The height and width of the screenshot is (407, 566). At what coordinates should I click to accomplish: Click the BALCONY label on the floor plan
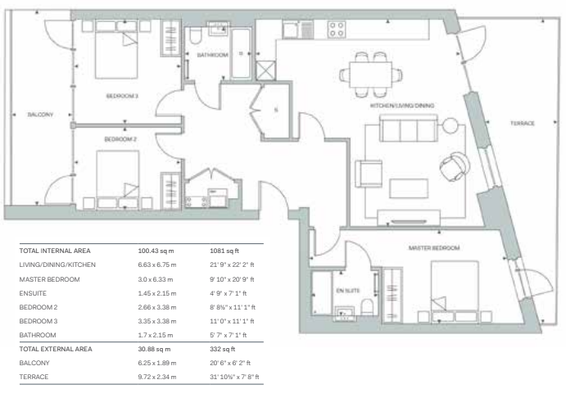pos(40,115)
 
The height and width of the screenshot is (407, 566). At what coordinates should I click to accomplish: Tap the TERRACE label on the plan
pos(523,124)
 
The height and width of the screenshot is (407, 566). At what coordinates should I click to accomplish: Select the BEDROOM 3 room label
pos(122,96)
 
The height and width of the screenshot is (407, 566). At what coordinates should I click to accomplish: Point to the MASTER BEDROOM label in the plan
pos(434,248)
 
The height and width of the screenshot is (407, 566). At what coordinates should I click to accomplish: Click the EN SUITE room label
pos(348,291)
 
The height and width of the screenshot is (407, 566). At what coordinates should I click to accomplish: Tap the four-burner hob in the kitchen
pos(337,29)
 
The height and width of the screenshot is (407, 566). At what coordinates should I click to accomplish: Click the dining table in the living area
pos(371,75)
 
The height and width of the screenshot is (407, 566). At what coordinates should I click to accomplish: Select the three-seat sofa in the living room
pos(409,129)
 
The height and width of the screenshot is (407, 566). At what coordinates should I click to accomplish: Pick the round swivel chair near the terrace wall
pos(455,166)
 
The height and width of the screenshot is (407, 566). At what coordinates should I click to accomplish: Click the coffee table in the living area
pos(409,188)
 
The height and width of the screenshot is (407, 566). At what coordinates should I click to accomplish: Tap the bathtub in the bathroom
pos(241,53)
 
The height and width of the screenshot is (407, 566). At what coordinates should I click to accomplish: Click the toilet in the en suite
pos(367,307)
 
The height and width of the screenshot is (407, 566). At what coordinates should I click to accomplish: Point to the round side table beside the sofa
pos(451,125)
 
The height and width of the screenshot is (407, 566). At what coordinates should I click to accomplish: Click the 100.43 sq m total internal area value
pos(156,251)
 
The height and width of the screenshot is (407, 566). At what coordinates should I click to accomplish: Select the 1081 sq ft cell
pos(224,251)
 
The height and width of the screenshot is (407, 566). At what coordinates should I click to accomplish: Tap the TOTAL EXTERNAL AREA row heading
pos(56,349)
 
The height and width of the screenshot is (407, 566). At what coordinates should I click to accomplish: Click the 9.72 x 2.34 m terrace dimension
pos(157,377)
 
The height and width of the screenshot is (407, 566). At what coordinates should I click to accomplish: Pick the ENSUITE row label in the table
pos(33,293)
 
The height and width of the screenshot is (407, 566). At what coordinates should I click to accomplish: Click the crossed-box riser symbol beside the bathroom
pos(265,70)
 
